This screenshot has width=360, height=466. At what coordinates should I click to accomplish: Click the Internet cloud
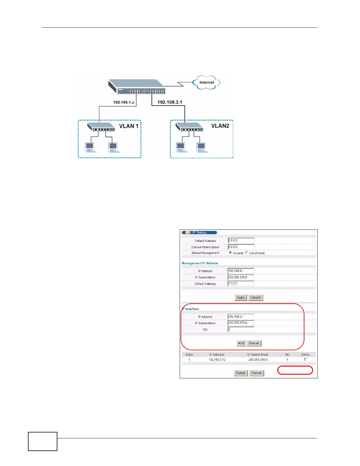[x=206, y=82]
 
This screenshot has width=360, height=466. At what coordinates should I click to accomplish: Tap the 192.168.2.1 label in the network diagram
[x=170, y=102]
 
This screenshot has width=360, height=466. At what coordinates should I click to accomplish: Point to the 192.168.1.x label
[x=124, y=102]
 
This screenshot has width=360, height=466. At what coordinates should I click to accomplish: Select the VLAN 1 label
[x=129, y=126]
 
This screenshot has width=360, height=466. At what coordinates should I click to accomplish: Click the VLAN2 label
[x=220, y=126]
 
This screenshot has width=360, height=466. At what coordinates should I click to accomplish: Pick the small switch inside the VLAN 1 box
[x=101, y=127]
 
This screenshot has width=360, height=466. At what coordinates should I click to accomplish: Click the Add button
[x=241, y=343]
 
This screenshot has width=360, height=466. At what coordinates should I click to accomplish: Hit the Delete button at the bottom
[x=241, y=373]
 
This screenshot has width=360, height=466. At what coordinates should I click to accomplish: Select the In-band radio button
[x=230, y=253]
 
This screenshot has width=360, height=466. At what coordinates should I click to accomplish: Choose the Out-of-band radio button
[x=246, y=253]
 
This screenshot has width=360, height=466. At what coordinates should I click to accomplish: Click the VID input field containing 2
[x=241, y=329]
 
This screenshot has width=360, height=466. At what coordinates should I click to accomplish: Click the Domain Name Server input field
[x=241, y=247]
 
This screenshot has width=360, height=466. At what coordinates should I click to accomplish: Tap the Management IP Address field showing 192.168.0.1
[x=241, y=271]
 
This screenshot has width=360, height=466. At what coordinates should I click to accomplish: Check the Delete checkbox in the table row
[x=306, y=360]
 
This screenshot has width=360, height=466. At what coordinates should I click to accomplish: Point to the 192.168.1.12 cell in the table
[x=217, y=360]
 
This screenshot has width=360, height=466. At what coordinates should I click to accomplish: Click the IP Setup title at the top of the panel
[x=199, y=232]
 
